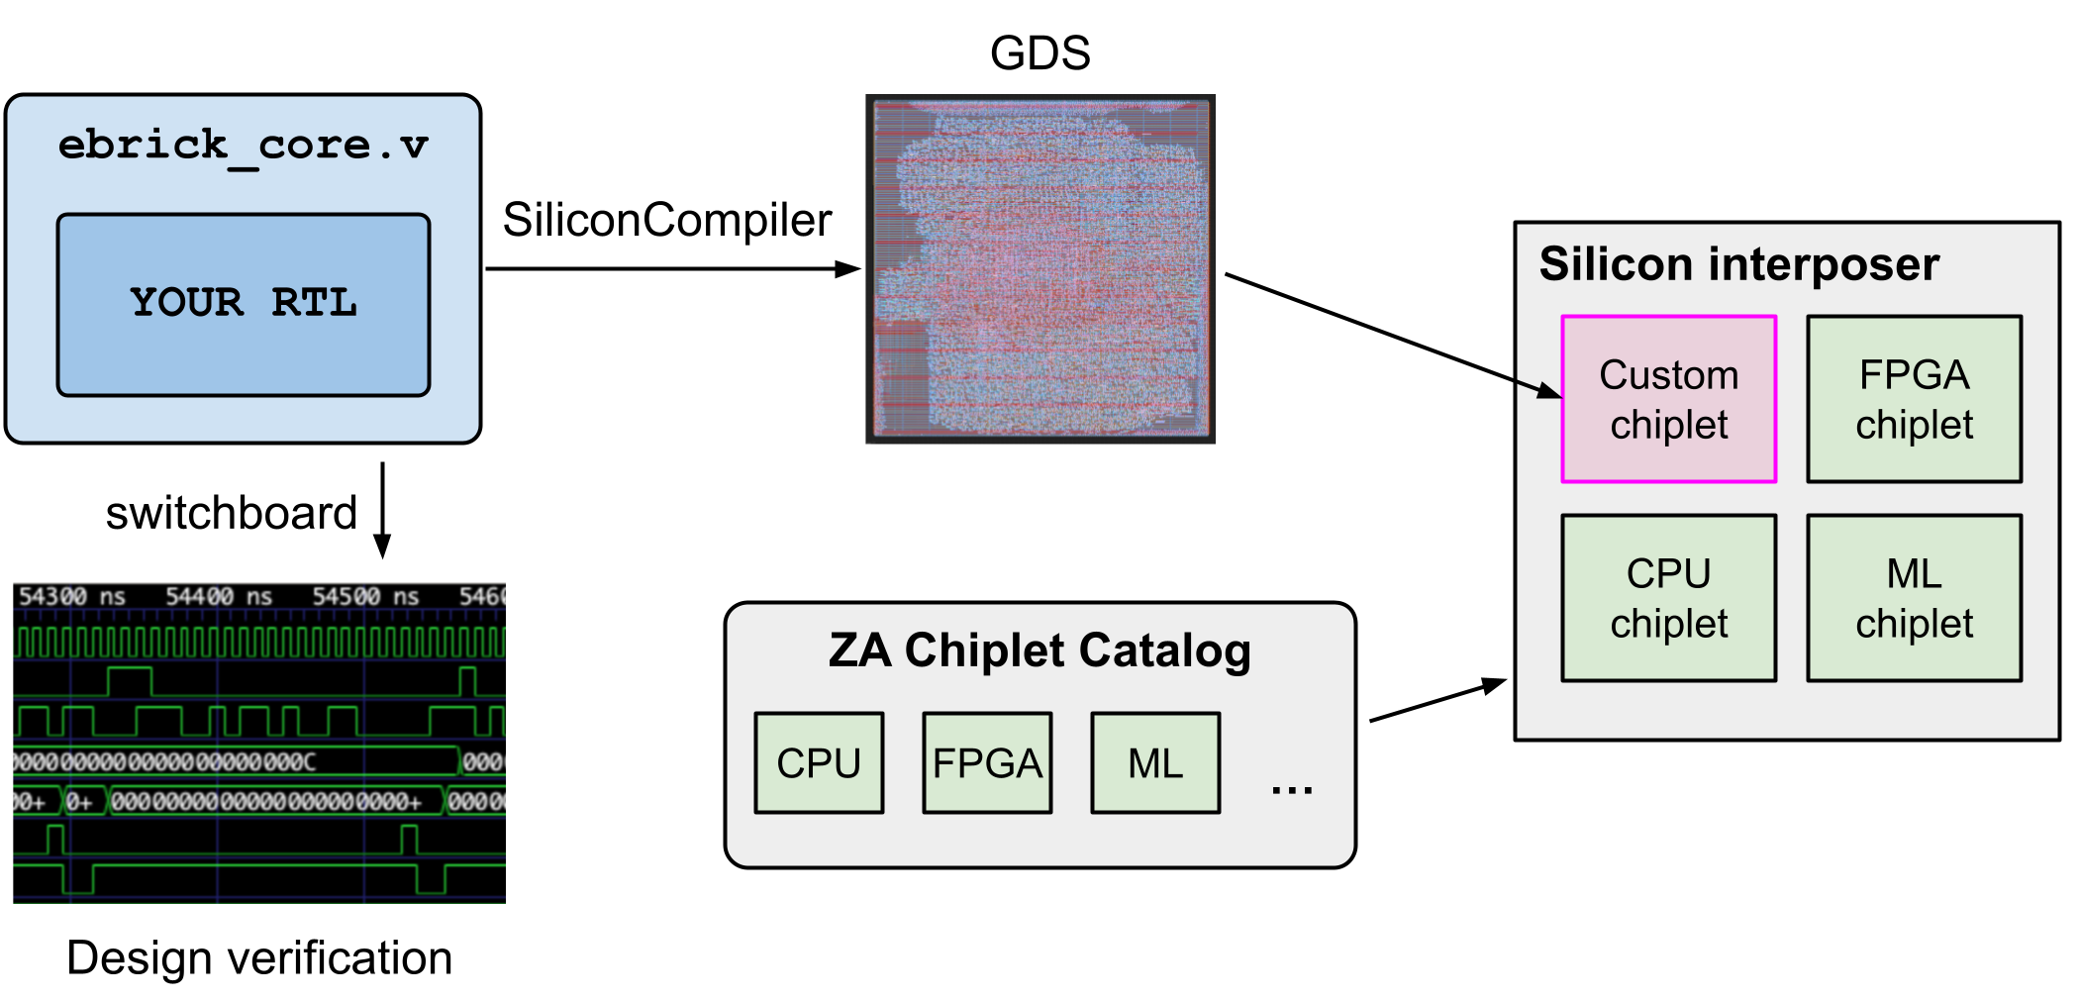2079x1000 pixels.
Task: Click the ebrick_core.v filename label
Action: pos(243,147)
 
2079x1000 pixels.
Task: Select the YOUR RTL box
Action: pos(244,304)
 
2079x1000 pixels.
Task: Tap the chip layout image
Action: pos(1039,268)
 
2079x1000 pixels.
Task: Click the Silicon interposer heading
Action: pos(1738,265)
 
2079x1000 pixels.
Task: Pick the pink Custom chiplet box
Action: pos(1668,399)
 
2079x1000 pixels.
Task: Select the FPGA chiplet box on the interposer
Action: pos(1914,399)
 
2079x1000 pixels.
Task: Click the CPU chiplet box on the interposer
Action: pos(1668,598)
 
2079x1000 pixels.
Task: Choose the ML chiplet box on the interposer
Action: pos(1914,598)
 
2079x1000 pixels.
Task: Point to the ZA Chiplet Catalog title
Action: pos(1039,651)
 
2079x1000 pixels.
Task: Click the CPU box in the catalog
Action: pos(819,763)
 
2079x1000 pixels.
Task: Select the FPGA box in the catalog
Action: pos(987,763)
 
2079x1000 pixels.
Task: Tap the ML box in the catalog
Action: pos(1155,763)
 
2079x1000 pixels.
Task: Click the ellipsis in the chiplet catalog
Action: pos(1292,789)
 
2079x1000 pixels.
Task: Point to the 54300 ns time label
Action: pos(71,597)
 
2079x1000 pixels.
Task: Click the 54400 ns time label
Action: pos(218,597)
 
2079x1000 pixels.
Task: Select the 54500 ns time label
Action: pos(365,597)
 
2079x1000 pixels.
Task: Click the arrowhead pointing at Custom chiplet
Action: pos(1549,391)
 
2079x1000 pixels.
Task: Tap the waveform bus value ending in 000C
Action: pos(238,761)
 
